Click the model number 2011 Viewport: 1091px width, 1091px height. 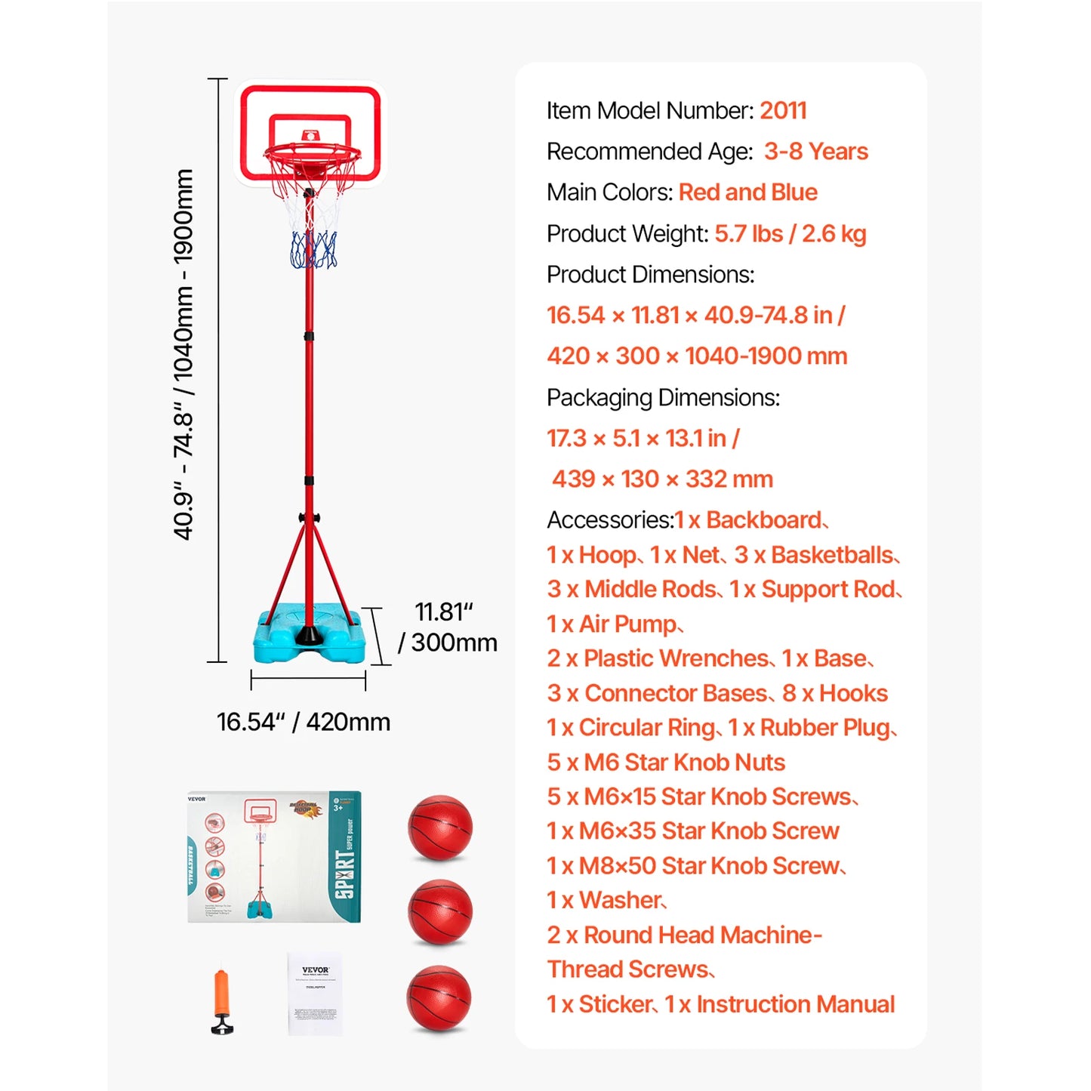[783, 111]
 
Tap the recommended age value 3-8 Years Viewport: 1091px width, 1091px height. [815, 152]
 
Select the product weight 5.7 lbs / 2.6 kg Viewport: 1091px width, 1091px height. [790, 234]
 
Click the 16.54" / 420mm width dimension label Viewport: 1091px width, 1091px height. [304, 722]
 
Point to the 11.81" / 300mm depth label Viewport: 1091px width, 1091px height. [448, 627]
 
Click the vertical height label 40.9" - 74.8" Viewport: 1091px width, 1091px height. [183, 355]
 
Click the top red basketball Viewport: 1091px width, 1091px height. [440, 827]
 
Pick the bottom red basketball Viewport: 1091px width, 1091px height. [439, 998]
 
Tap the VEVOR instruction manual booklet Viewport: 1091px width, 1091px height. [316, 993]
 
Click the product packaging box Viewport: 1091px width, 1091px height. [274, 857]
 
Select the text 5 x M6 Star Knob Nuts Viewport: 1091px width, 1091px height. [666, 763]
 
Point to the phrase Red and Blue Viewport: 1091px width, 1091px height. [747, 193]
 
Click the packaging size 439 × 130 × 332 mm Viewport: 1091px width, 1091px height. [662, 479]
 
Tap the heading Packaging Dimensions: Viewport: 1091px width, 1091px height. [663, 398]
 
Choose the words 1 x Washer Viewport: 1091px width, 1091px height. [606, 901]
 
